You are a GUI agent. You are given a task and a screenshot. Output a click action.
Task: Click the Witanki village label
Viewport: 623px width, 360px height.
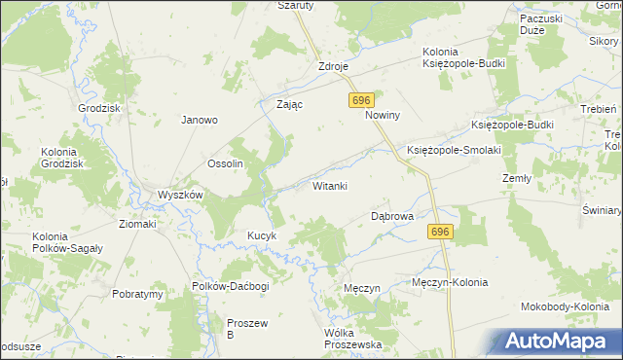pyautogui.click(x=330, y=186)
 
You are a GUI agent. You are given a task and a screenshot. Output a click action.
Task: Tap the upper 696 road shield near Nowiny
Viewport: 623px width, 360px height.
pyautogui.click(x=361, y=101)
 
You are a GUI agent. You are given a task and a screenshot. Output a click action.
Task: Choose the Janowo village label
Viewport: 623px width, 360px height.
pyautogui.click(x=199, y=121)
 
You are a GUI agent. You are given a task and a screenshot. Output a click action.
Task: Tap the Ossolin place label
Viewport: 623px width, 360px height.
pyautogui.click(x=225, y=163)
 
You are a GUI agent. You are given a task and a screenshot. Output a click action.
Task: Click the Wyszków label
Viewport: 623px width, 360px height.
pyautogui.click(x=180, y=195)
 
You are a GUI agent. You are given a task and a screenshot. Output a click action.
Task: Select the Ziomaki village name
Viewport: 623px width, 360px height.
pyautogui.click(x=137, y=224)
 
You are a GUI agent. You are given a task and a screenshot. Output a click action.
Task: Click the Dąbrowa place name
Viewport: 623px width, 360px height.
pyautogui.click(x=393, y=216)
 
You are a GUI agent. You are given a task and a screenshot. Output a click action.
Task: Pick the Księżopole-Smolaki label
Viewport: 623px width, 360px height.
pyautogui.click(x=454, y=150)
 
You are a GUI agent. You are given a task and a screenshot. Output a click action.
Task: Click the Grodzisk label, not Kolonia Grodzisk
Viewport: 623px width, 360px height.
pyautogui.click(x=100, y=108)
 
